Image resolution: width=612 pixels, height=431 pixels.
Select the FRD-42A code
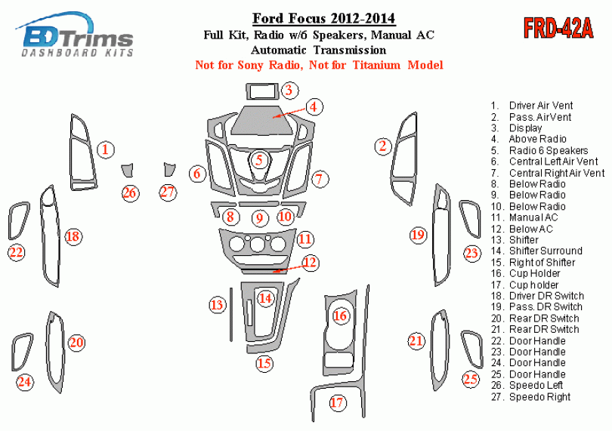click(558, 29)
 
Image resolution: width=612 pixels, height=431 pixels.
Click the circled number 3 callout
click(288, 91)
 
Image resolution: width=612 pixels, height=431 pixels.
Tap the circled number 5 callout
click(259, 160)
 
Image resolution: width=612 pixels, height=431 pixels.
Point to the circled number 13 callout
click(218, 305)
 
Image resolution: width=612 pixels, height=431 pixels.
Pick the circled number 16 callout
click(341, 316)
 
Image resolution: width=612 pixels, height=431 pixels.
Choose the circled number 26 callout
click(130, 193)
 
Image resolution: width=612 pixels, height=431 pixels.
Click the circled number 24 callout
click(25, 382)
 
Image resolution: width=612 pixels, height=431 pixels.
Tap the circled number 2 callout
click(383, 146)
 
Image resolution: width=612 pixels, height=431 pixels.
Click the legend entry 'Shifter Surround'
click(545, 251)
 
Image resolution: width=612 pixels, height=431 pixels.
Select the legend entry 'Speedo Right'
click(539, 396)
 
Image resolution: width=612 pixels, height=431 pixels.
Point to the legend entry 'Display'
click(525, 128)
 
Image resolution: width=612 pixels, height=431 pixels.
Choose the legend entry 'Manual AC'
click(533, 217)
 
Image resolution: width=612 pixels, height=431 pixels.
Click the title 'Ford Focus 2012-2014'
click(323, 17)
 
